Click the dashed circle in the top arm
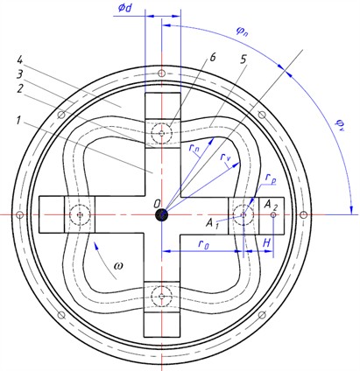click(161, 134)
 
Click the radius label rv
click(229, 159)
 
